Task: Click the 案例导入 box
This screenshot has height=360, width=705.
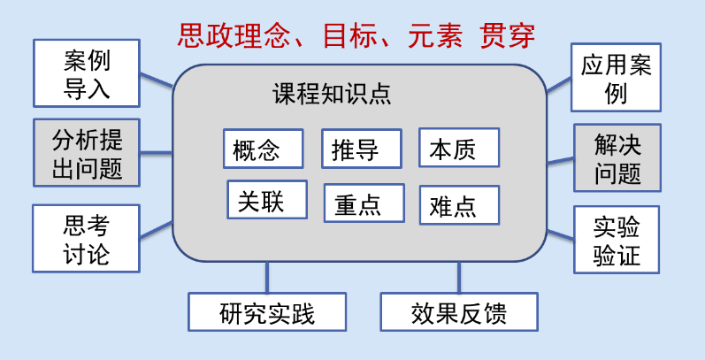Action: click(x=87, y=73)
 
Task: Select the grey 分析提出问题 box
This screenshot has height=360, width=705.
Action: click(x=87, y=153)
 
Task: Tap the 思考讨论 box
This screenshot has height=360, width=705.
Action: click(x=86, y=238)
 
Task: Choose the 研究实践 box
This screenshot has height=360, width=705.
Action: click(x=267, y=312)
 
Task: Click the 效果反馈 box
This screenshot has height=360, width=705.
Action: click(x=459, y=312)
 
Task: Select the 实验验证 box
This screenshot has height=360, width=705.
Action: click(x=617, y=241)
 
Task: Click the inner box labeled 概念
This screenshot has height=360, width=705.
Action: click(x=263, y=149)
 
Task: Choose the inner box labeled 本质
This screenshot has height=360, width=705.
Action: click(x=458, y=148)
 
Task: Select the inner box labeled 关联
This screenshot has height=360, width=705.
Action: click(x=267, y=200)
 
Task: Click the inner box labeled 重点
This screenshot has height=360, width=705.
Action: click(x=364, y=203)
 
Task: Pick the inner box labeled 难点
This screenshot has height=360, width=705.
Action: click(x=458, y=204)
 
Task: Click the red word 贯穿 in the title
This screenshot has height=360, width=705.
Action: click(x=507, y=35)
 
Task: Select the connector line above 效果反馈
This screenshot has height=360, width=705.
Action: click(x=459, y=277)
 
